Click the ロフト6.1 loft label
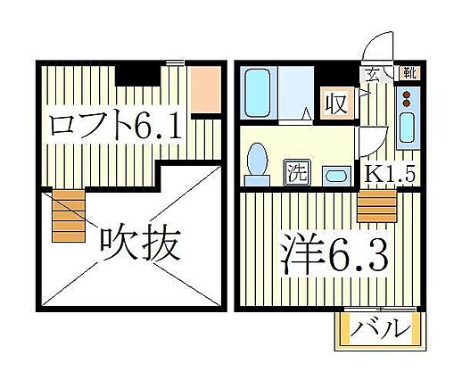coord(116,124)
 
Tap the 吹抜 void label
coord(140,245)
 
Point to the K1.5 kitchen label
coord(389,173)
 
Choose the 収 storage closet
coord(337,103)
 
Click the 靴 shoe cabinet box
coord(410,72)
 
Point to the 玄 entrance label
coord(372,75)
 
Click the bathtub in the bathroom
coord(257,93)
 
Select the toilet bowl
coord(257,161)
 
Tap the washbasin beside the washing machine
coord(337,177)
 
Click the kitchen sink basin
coord(407,128)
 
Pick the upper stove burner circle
coord(406,95)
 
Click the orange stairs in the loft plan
coord(69,216)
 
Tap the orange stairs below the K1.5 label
coord(377,206)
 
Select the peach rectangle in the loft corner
coord(205,89)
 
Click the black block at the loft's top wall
coord(137,76)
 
